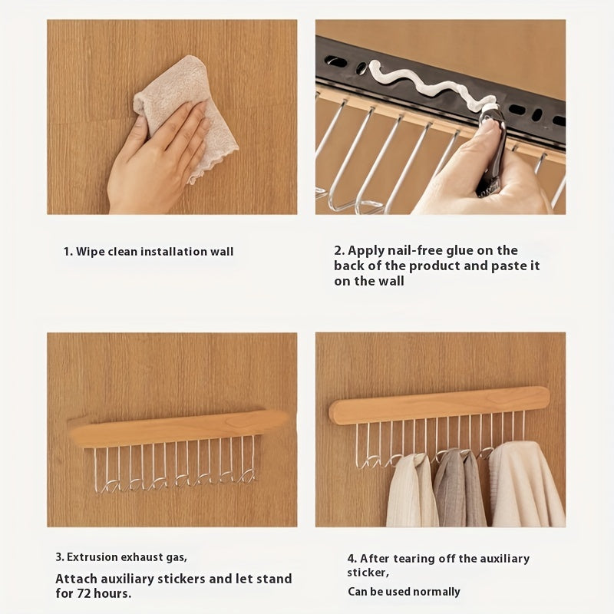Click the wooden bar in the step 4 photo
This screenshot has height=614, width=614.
[439, 404]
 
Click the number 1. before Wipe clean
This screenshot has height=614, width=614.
[68, 252]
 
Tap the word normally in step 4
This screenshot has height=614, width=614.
[437, 592]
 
